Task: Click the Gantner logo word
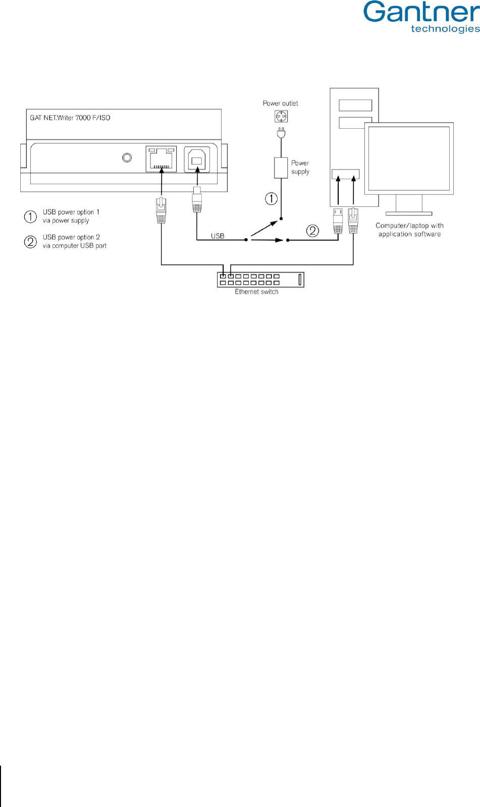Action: [x=421, y=12]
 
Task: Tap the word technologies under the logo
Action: [x=445, y=29]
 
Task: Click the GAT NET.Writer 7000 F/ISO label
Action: [x=70, y=118]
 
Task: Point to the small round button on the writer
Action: [x=127, y=158]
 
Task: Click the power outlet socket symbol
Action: [x=281, y=117]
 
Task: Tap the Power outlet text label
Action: [x=280, y=103]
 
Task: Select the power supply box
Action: [x=281, y=168]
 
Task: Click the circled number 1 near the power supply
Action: [x=272, y=198]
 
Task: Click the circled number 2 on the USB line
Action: [x=313, y=231]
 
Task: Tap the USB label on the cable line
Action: [x=218, y=236]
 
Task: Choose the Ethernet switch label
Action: [x=256, y=292]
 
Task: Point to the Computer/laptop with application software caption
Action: [x=409, y=230]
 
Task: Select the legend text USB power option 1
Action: [x=71, y=216]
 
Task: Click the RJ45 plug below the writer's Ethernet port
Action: [x=161, y=210]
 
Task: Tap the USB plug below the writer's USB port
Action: [x=197, y=202]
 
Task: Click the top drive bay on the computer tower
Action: [x=355, y=105]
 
